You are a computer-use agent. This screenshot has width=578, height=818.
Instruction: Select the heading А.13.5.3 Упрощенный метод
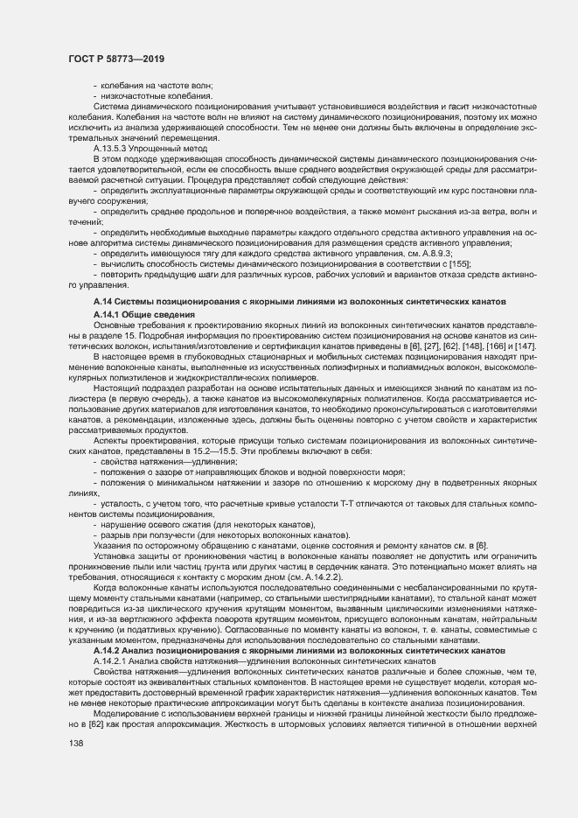pos(139,149)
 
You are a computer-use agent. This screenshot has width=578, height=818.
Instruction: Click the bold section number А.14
pos(105,302)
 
